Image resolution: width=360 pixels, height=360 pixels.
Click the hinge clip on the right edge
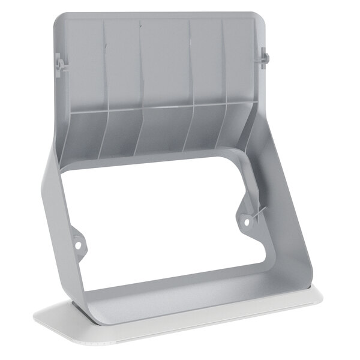(264, 59)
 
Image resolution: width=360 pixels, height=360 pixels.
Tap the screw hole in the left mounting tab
(77, 244)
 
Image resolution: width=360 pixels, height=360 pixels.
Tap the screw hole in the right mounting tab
(245, 221)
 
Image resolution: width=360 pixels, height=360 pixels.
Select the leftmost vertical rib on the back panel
(106, 66)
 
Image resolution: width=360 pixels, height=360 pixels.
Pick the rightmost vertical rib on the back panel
(223, 63)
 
